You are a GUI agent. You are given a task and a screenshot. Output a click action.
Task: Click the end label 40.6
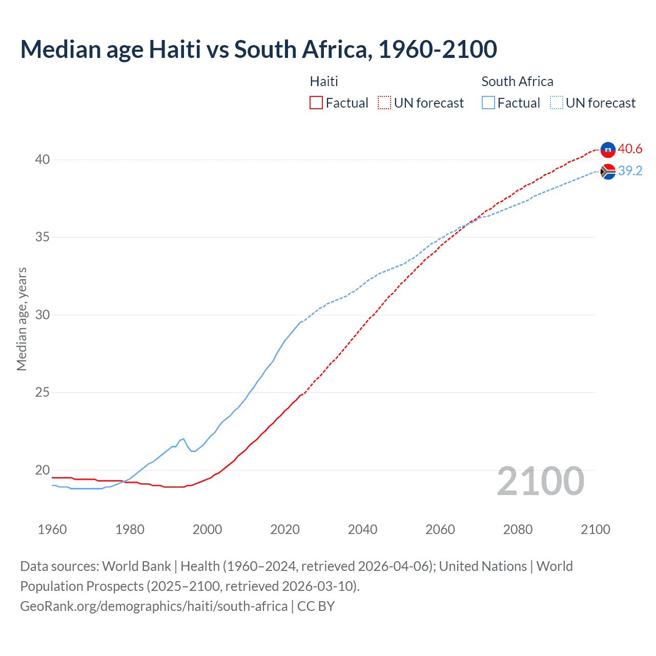coord(630,149)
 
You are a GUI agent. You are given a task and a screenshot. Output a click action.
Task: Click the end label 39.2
coord(630,171)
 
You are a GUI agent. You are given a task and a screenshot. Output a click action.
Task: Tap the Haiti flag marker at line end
coord(608,150)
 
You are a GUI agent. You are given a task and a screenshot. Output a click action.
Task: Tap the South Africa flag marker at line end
coord(608,172)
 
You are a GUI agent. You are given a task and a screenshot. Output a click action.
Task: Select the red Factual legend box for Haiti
coord(316,103)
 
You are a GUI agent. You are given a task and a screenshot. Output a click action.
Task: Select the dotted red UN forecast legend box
coord(384,103)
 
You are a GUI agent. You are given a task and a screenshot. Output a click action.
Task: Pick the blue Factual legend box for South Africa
coord(488,103)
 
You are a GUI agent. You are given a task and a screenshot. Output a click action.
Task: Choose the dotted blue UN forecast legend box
coord(557,103)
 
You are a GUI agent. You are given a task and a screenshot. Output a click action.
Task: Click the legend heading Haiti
coord(324,81)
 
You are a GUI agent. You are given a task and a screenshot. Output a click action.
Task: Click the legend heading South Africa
coord(517,81)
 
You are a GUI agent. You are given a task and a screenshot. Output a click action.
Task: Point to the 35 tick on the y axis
coord(43,237)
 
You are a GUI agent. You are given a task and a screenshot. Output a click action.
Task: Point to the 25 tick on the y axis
coord(43,393)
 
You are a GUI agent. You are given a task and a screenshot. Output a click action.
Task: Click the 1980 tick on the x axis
coord(130,529)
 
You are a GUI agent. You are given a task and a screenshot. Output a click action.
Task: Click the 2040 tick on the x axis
coord(362,529)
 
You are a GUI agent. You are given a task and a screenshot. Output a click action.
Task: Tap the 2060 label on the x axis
coord(440,529)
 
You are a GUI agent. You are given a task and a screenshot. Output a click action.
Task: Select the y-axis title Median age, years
coord(22,319)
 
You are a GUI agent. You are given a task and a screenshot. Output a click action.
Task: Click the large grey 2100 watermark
coord(540,481)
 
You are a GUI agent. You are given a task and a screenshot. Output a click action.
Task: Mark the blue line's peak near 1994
coord(183,439)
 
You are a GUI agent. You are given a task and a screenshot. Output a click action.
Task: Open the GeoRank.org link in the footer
coord(154,606)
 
